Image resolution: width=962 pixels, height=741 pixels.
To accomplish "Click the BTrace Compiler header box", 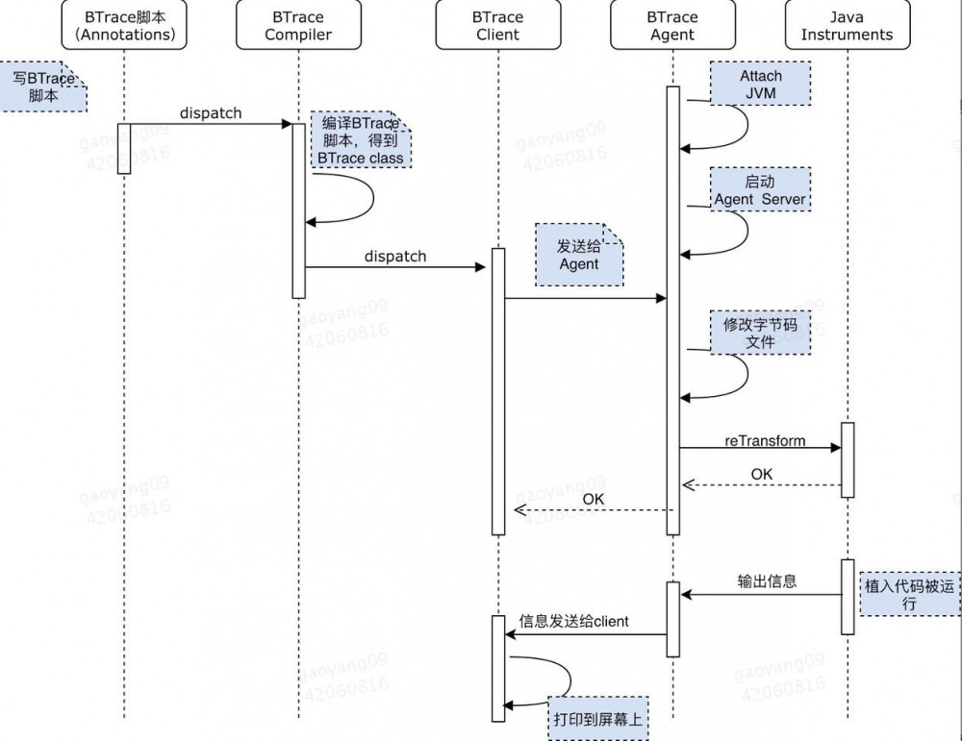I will [298, 25].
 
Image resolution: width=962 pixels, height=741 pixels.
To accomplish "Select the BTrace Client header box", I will [497, 25].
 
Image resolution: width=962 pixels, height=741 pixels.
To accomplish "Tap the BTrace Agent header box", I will [672, 25].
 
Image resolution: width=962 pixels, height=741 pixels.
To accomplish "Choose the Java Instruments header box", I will [847, 25].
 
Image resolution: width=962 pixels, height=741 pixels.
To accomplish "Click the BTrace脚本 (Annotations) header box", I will [124, 25].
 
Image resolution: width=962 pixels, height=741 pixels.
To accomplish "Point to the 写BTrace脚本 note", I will [43, 87].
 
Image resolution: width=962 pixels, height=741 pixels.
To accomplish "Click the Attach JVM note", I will [760, 85].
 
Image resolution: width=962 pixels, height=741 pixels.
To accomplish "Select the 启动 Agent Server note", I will [760, 190].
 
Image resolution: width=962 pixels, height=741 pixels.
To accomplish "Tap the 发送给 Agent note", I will [578, 255].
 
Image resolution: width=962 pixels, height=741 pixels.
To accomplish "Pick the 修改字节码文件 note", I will [760, 333].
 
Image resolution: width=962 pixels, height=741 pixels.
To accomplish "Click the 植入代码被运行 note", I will [909, 593].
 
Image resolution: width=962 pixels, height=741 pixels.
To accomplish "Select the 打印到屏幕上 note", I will [597, 718].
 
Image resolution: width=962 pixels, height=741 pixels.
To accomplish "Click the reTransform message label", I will [765, 441].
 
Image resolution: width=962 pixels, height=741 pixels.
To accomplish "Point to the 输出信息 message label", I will [767, 580].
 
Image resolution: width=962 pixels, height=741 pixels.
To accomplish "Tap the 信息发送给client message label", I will [573, 621].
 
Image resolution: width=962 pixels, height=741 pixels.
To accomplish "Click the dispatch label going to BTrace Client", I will [394, 257].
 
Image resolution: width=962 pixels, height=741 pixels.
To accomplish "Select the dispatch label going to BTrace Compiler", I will [211, 113].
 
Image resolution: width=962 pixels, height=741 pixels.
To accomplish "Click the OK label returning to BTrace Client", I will [594, 499].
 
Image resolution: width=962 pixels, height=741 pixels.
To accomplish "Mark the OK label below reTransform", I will [761, 474].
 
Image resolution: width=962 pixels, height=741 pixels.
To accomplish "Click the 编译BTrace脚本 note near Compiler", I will [361, 140].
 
